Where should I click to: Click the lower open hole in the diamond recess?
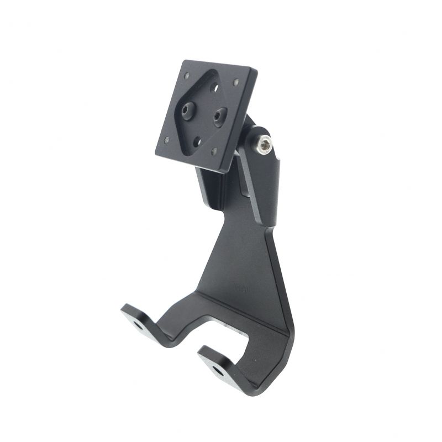196,142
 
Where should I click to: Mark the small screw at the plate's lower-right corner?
215,151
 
